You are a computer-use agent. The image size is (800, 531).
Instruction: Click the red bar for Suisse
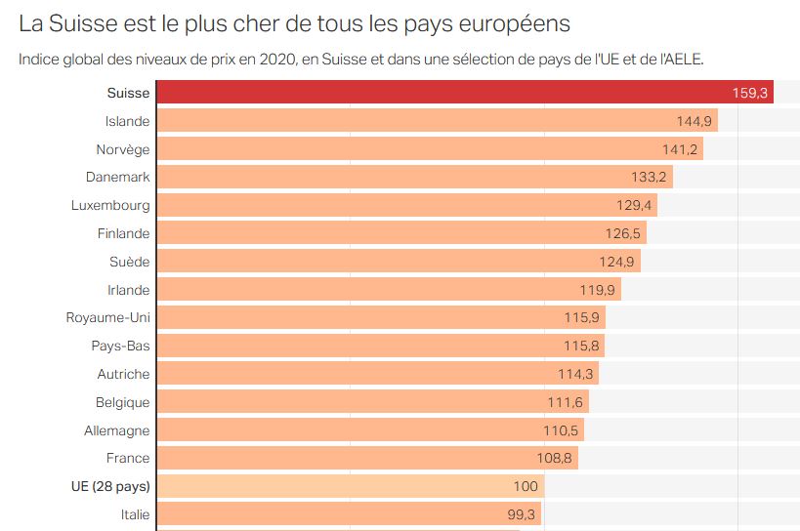coord(440,93)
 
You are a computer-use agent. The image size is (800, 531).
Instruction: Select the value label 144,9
coord(695,121)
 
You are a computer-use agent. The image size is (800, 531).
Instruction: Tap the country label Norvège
coord(123,149)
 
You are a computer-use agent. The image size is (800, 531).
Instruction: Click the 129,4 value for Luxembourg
coord(635,205)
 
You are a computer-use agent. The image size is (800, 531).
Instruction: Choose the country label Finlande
coord(124,233)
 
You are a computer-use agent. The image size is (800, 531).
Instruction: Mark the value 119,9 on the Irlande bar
coord(599,290)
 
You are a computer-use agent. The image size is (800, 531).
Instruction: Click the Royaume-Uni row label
coord(108,317)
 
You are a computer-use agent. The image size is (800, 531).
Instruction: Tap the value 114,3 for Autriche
coord(576,374)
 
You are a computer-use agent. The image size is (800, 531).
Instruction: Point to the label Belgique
coord(123,402)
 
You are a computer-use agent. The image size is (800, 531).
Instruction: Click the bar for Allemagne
coord(352,429)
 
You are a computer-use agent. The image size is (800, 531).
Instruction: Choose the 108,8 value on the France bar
coord(556,458)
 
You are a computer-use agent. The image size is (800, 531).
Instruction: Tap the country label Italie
coord(136,514)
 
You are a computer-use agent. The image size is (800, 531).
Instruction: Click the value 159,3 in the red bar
coord(751,93)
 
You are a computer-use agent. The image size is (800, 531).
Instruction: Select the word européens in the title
coord(514,22)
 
